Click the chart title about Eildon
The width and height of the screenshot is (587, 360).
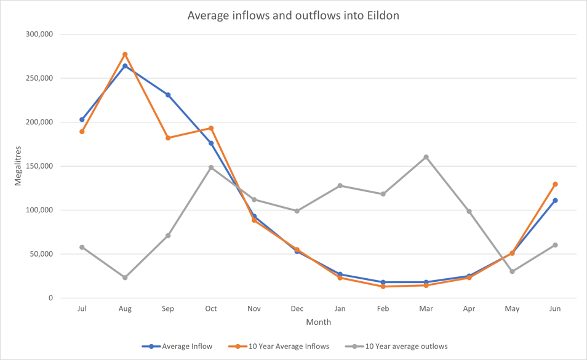pyautogui.click(x=293, y=15)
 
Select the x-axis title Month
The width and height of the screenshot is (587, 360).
pyautogui.click(x=318, y=322)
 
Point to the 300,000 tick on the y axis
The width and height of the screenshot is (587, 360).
pyautogui.click(x=38, y=34)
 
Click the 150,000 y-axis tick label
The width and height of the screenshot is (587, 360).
pyautogui.click(x=38, y=166)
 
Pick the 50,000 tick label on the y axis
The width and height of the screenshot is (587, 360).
pyautogui.click(x=41, y=254)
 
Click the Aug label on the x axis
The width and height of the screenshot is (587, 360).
pyautogui.click(x=125, y=309)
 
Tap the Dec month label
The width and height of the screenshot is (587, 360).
pyautogui.click(x=297, y=309)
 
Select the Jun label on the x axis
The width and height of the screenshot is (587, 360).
pyautogui.click(x=555, y=309)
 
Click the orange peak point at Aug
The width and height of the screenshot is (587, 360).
pyautogui.click(x=125, y=55)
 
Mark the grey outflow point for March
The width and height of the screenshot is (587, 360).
pyautogui.click(x=426, y=157)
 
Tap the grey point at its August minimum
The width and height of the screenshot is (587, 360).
pyautogui.click(x=125, y=278)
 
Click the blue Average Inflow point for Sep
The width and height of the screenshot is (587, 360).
pyautogui.click(x=168, y=95)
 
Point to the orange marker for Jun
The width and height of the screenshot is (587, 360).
pyautogui.click(x=555, y=184)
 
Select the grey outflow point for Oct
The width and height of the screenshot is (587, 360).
pyautogui.click(x=211, y=167)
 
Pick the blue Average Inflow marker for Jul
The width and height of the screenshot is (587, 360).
pyautogui.click(x=82, y=119)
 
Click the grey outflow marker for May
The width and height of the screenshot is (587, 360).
pyautogui.click(x=512, y=271)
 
